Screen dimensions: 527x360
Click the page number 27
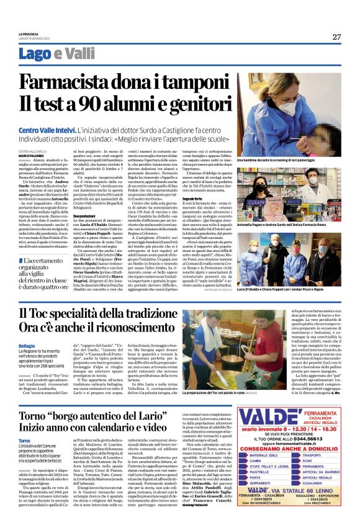[x=336, y=37]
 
